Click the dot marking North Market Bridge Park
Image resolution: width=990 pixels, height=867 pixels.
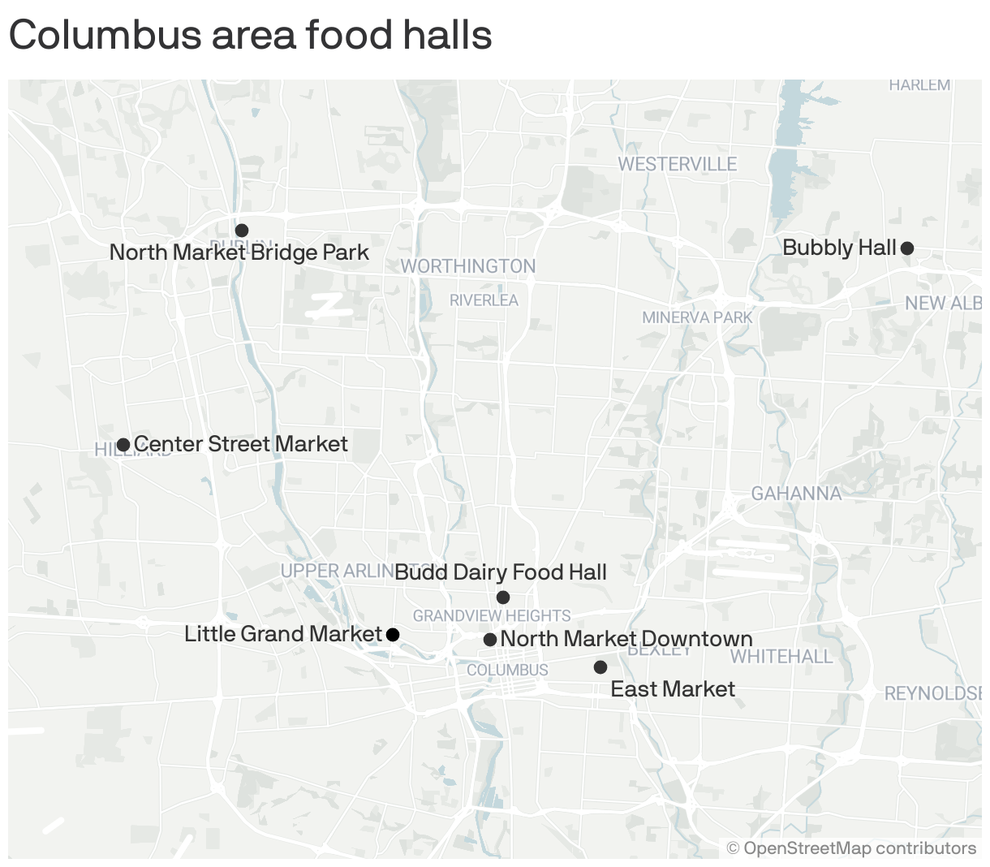coord(242,231)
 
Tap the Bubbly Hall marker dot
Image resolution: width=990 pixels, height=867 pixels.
coord(907,248)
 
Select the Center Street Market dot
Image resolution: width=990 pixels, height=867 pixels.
coord(123,445)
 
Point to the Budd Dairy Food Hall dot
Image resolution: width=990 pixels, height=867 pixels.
coord(503,597)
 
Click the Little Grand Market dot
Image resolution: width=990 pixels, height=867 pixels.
coord(393,635)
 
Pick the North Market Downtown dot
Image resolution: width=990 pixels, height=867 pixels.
coord(490,640)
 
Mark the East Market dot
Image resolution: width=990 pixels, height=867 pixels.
coord(600,667)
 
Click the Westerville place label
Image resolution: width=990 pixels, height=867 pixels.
coord(678,165)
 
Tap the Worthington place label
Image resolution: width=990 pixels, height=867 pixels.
coord(468,266)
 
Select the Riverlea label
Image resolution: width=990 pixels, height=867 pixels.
coord(484,300)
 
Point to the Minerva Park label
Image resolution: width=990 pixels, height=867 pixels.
coord(697,317)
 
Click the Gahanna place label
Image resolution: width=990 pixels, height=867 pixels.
coord(796,494)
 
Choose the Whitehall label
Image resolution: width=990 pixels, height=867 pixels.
coord(781,657)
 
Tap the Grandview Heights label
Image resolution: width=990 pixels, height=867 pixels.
coord(492,616)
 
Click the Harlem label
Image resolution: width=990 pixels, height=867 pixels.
coord(919,85)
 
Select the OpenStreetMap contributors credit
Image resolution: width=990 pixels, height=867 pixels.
coord(851,848)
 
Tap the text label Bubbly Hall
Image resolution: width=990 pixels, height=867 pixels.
coord(839,248)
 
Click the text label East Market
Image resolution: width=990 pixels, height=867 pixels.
coord(673,689)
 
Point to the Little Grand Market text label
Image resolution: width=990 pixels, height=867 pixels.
coord(282,634)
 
